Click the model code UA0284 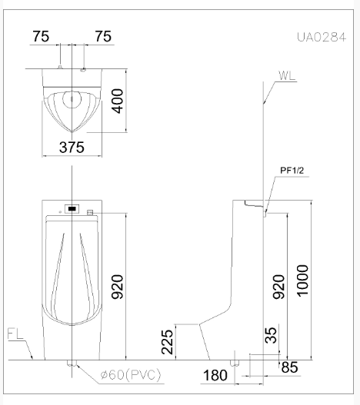coord(322,37)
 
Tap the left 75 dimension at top coord(41,36)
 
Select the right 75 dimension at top coord(103,36)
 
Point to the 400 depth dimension coord(117,101)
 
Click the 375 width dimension coord(72,148)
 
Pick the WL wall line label coord(287,75)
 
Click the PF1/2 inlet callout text coord(292,171)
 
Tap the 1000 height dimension coord(302,281)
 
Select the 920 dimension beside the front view coord(117,287)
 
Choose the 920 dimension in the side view coord(278,287)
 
